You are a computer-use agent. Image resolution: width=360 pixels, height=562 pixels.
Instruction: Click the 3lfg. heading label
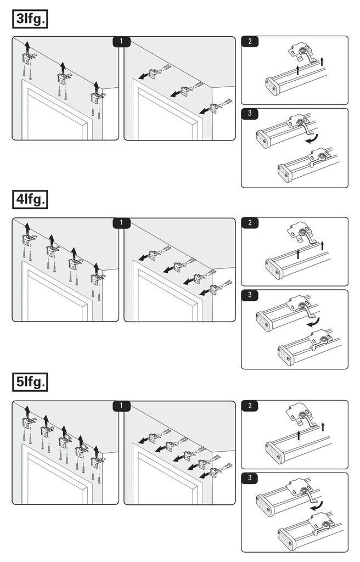coord(30,19)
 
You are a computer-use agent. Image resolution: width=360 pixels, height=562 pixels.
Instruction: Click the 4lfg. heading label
coord(30,200)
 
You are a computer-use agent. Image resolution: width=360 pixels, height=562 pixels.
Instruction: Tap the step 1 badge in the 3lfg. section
coord(121,41)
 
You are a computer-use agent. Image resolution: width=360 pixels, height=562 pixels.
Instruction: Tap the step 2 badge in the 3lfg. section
coord(250,41)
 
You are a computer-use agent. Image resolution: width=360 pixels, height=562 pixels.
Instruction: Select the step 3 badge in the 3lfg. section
coord(250,114)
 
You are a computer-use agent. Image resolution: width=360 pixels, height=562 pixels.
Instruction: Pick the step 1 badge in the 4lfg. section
coord(121,223)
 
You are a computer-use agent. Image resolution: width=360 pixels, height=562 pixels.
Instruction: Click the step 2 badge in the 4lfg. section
coord(250,223)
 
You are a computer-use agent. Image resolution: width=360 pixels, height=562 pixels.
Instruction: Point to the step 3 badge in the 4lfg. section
coord(250,295)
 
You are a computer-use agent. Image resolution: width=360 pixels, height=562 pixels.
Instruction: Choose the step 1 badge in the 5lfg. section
coord(121,406)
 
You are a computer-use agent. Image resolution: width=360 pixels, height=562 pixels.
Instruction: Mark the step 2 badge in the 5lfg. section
coord(250,406)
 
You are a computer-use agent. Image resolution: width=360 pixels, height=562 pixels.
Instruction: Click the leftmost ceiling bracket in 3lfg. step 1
coord(27,56)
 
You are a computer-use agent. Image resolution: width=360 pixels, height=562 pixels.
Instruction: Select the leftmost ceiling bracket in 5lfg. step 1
coord(27,421)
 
